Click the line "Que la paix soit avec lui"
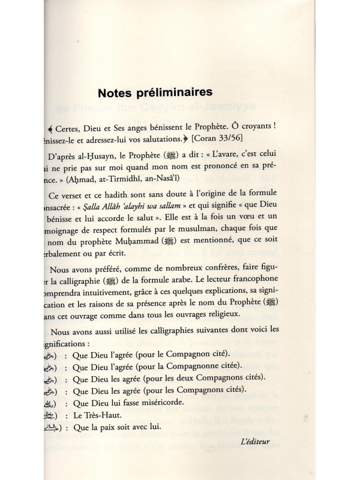[x=113, y=428]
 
